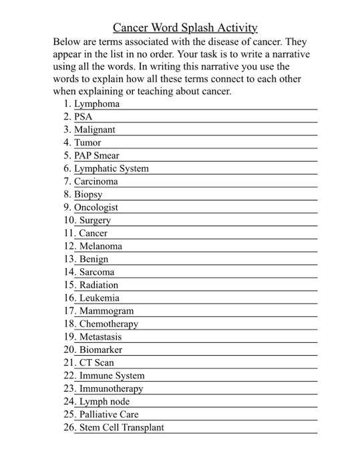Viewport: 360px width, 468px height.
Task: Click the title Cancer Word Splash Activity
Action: tap(185, 27)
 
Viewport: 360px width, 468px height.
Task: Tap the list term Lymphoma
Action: tap(97, 104)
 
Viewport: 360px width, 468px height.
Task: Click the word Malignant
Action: tap(94, 130)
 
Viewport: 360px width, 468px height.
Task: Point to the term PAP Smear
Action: tap(96, 156)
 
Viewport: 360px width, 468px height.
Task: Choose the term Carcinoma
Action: tap(96, 181)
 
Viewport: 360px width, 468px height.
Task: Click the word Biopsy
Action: tap(88, 195)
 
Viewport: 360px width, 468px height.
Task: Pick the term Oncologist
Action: tap(96, 207)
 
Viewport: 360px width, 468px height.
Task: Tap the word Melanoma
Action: tap(101, 246)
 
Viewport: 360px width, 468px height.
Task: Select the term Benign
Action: tap(94, 259)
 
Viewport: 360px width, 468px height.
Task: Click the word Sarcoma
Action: tap(97, 272)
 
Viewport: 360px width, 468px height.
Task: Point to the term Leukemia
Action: tap(100, 298)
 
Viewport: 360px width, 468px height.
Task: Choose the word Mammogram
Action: tap(106, 311)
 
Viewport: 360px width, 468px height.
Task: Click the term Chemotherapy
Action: tap(109, 324)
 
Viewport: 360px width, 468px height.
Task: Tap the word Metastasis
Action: tap(101, 337)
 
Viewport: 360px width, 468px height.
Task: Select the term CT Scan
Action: tap(97, 363)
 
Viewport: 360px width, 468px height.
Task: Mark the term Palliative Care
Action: tap(109, 415)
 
